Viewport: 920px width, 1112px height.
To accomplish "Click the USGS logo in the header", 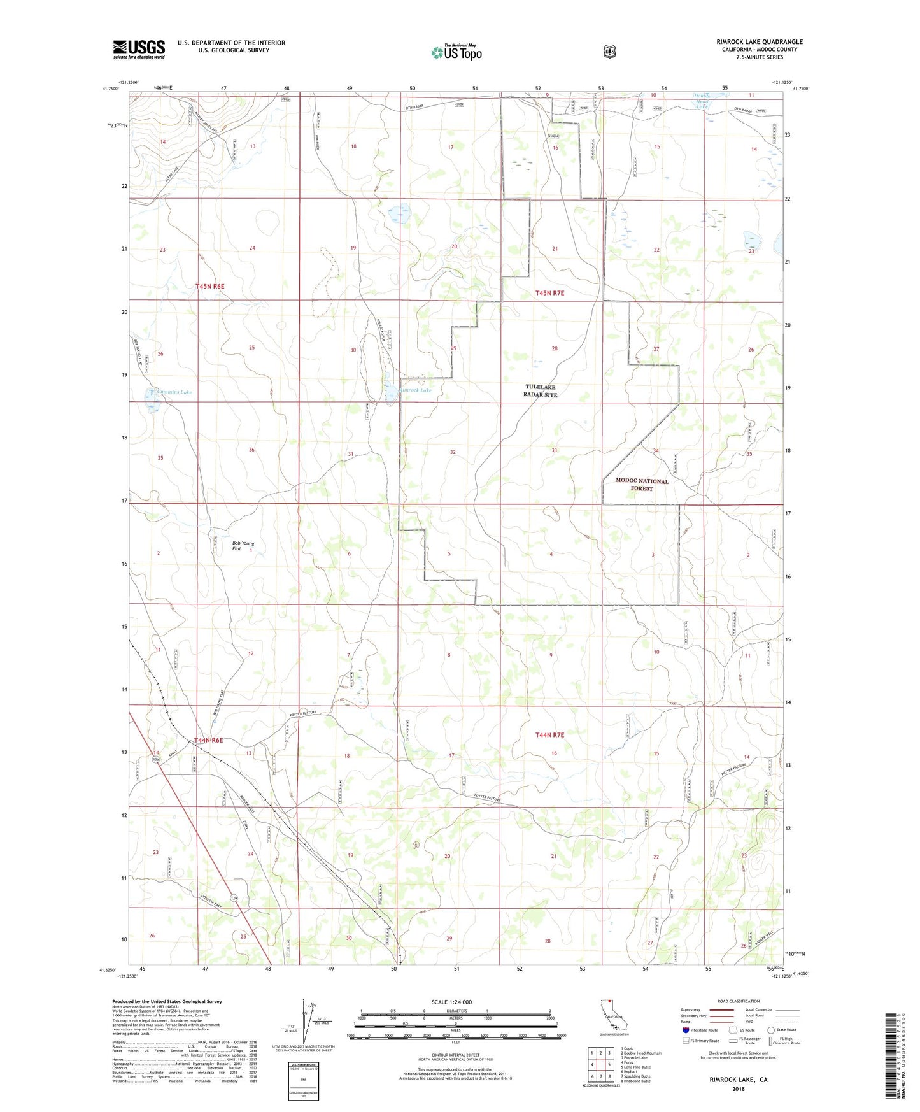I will pos(139,49).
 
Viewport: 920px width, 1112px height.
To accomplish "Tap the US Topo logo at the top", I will pos(456,52).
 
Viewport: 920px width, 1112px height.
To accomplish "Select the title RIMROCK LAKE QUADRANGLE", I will pos(759,42).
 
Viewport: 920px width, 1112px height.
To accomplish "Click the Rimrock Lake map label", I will pos(415,390).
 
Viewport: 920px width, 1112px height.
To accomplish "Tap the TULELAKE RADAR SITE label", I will pos(541,390).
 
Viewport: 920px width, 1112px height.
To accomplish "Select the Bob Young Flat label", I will pos(243,546).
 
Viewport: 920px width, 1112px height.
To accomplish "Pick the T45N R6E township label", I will pos(209,287).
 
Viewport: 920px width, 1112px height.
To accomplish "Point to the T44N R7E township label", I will pos(549,735).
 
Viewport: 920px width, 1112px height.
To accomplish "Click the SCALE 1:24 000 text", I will pos(451,1002).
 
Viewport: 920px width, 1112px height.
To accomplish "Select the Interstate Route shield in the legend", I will pos(686,1030).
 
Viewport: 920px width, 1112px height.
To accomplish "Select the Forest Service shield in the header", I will pos(609,51).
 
